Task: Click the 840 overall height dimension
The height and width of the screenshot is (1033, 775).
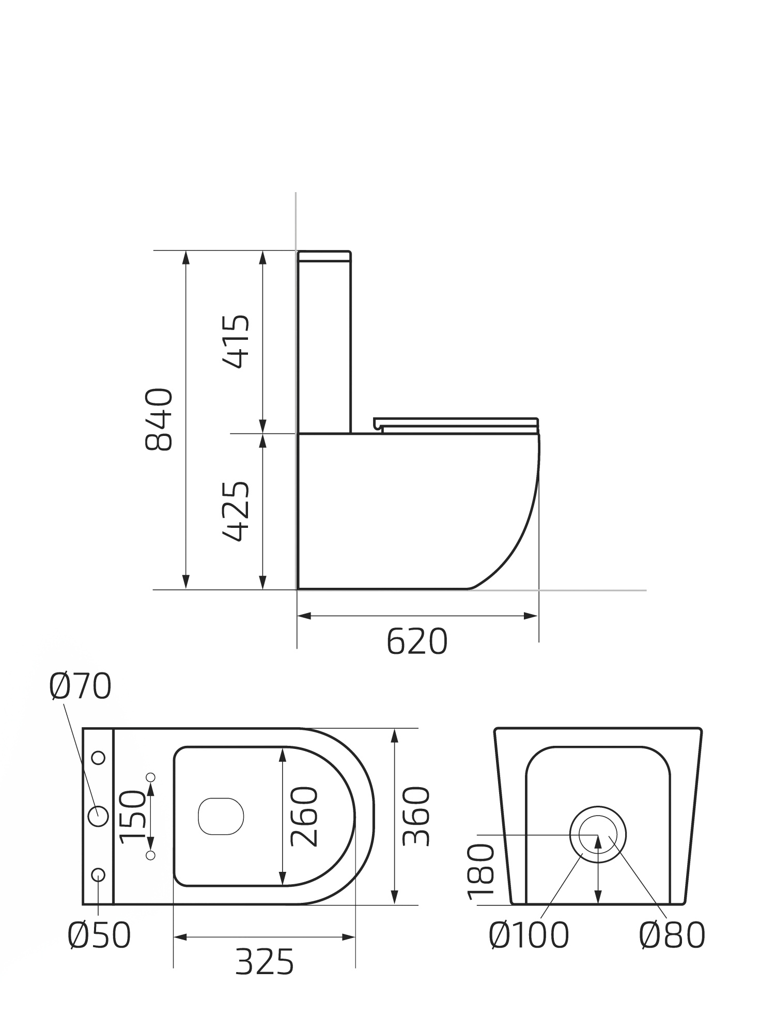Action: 159,419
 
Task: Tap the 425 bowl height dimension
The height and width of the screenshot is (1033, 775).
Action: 236,511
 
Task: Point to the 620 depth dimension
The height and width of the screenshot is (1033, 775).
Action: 416,641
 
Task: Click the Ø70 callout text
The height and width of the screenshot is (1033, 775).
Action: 80,686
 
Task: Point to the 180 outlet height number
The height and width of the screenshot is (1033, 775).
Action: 482,871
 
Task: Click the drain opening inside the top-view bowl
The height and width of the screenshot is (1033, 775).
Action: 221,817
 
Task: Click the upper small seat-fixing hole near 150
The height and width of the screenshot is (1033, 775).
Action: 151,777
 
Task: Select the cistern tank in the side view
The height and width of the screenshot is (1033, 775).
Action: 324,341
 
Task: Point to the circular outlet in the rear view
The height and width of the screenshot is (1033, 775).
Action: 598,834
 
